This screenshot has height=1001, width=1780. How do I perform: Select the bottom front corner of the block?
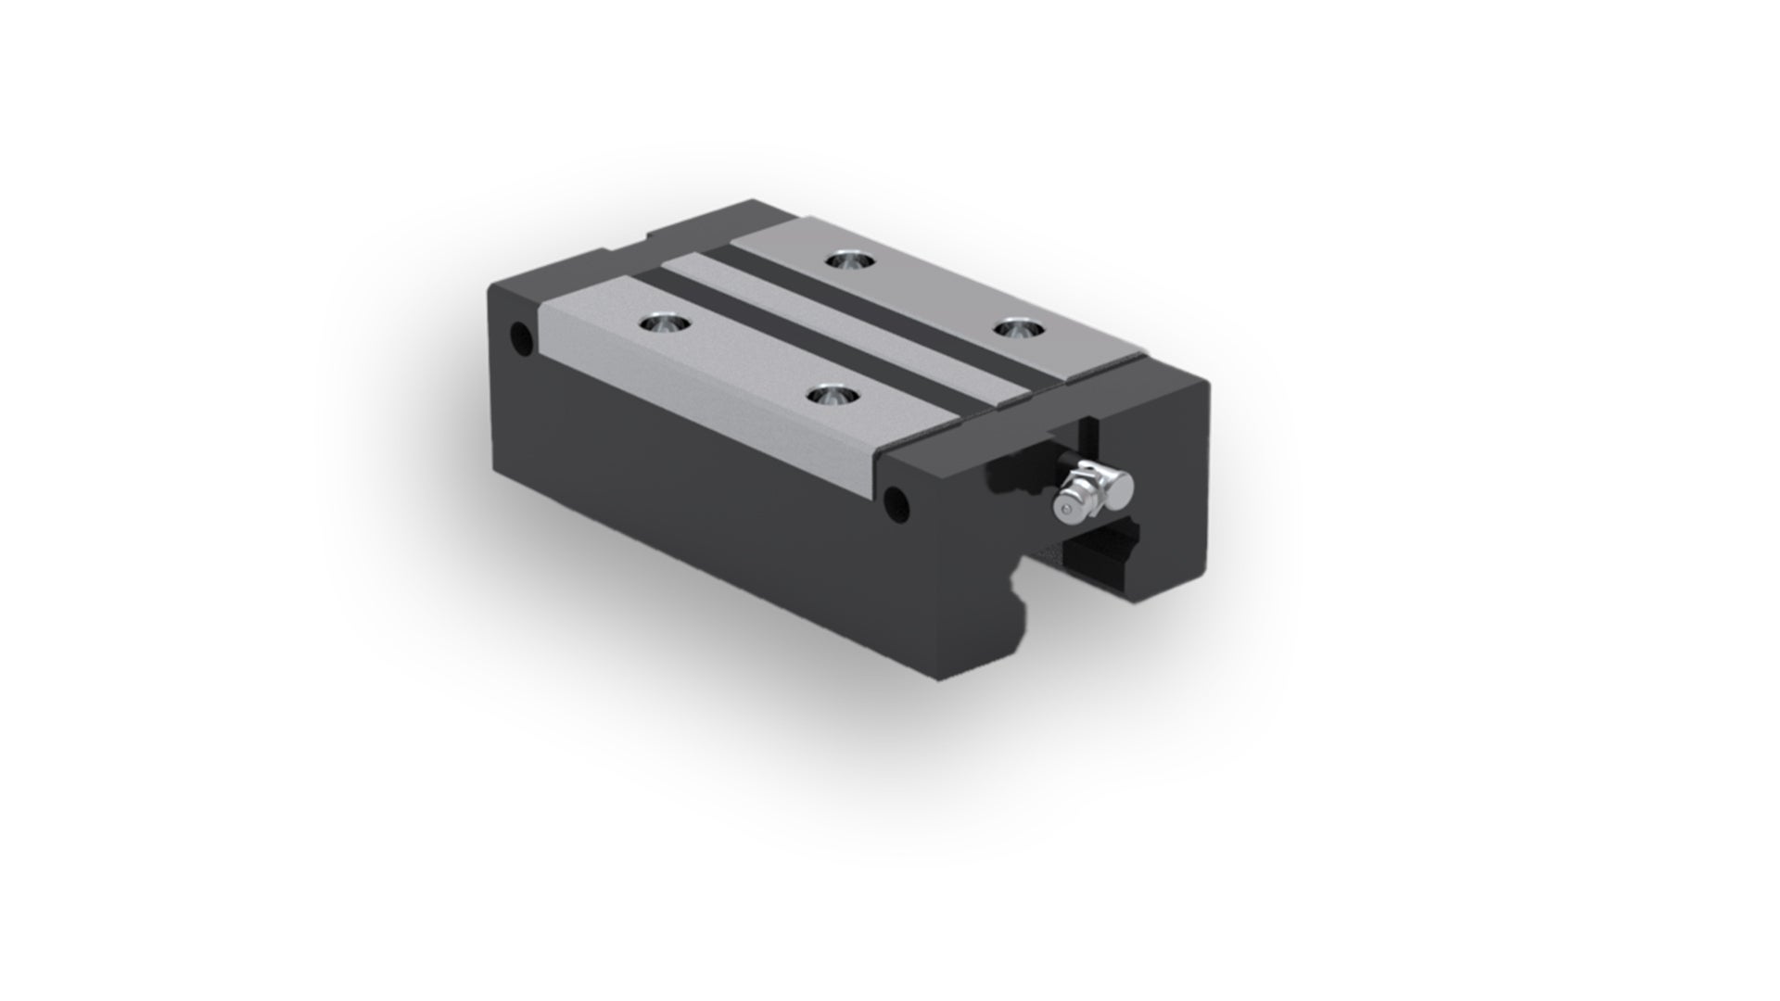point(941,672)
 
